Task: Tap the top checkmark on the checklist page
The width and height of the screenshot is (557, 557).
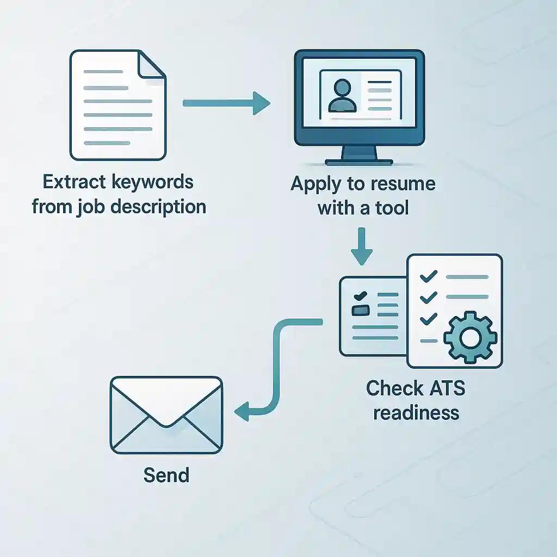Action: tap(429, 276)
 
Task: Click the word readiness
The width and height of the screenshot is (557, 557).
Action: tap(417, 413)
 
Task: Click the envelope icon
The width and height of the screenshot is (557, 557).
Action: tap(166, 415)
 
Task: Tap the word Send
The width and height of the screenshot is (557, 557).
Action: tap(166, 475)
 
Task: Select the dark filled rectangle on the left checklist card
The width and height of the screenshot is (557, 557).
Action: tap(360, 310)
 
